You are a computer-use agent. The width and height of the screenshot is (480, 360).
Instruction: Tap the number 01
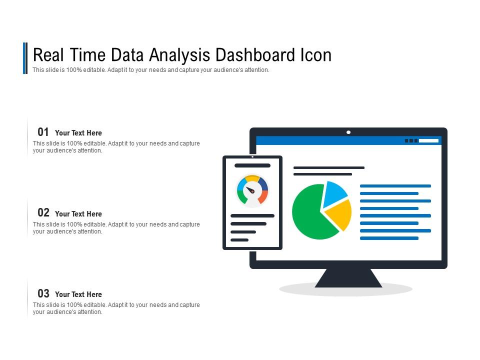coord(43,132)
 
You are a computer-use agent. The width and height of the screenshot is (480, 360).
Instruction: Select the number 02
coord(43,212)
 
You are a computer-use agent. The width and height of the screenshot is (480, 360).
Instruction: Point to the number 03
coord(43,293)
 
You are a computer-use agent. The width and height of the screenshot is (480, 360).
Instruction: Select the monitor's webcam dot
coord(348,132)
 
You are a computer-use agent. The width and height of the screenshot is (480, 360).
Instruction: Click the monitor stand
coord(348,278)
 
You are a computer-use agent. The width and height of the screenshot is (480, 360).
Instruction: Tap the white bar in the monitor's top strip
coord(428,141)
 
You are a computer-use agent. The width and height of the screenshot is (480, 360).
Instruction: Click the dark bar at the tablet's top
coord(252,165)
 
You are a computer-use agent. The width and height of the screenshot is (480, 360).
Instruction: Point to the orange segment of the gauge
coord(262,196)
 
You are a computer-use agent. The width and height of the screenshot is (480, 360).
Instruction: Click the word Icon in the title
coord(315,54)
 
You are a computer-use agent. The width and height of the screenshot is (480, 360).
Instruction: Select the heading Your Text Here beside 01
coord(78,133)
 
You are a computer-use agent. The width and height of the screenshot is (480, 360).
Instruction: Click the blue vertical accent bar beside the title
coord(25,58)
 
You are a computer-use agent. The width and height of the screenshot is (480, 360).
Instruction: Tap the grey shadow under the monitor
coord(300,289)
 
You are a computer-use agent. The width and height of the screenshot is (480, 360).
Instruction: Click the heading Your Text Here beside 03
coord(78,294)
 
